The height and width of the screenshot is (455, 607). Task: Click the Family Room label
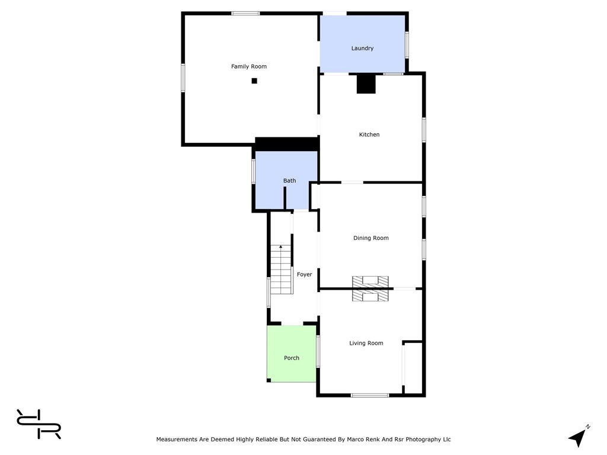pyautogui.click(x=249, y=67)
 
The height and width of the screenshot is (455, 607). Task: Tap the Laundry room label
pyautogui.click(x=362, y=49)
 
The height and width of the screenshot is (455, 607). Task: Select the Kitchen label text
pyautogui.click(x=369, y=135)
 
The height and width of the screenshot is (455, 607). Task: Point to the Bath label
pyautogui.click(x=289, y=181)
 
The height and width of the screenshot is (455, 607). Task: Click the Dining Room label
pyautogui.click(x=371, y=238)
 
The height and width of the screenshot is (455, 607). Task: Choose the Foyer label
pyautogui.click(x=305, y=275)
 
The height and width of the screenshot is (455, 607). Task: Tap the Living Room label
pyautogui.click(x=366, y=344)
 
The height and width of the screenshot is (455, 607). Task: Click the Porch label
pyautogui.click(x=292, y=358)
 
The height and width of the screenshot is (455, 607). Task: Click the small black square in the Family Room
pyautogui.click(x=254, y=81)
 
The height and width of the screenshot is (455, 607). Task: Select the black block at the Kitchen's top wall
pyautogui.click(x=366, y=84)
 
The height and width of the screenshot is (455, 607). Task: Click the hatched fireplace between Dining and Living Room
pyautogui.click(x=370, y=289)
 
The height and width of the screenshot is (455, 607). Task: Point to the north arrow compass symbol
pyautogui.click(x=578, y=437)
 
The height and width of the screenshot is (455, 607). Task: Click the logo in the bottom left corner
pyautogui.click(x=39, y=424)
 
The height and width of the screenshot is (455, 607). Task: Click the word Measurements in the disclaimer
pyautogui.click(x=177, y=440)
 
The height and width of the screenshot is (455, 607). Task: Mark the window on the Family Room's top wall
pyautogui.click(x=245, y=13)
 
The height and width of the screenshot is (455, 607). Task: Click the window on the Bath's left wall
pyautogui.click(x=254, y=171)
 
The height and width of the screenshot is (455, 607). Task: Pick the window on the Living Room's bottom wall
pyautogui.click(x=370, y=395)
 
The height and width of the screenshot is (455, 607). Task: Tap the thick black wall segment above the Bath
pyautogui.click(x=287, y=144)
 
